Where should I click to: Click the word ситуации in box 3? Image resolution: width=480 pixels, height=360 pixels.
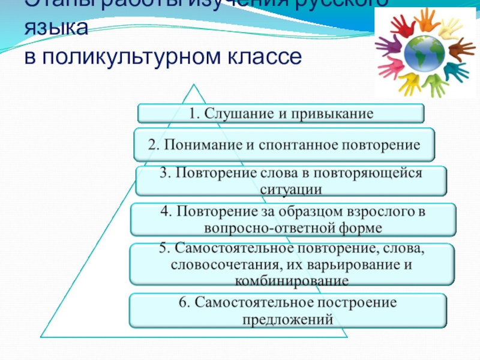291,189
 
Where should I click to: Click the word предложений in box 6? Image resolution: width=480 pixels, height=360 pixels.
287,319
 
